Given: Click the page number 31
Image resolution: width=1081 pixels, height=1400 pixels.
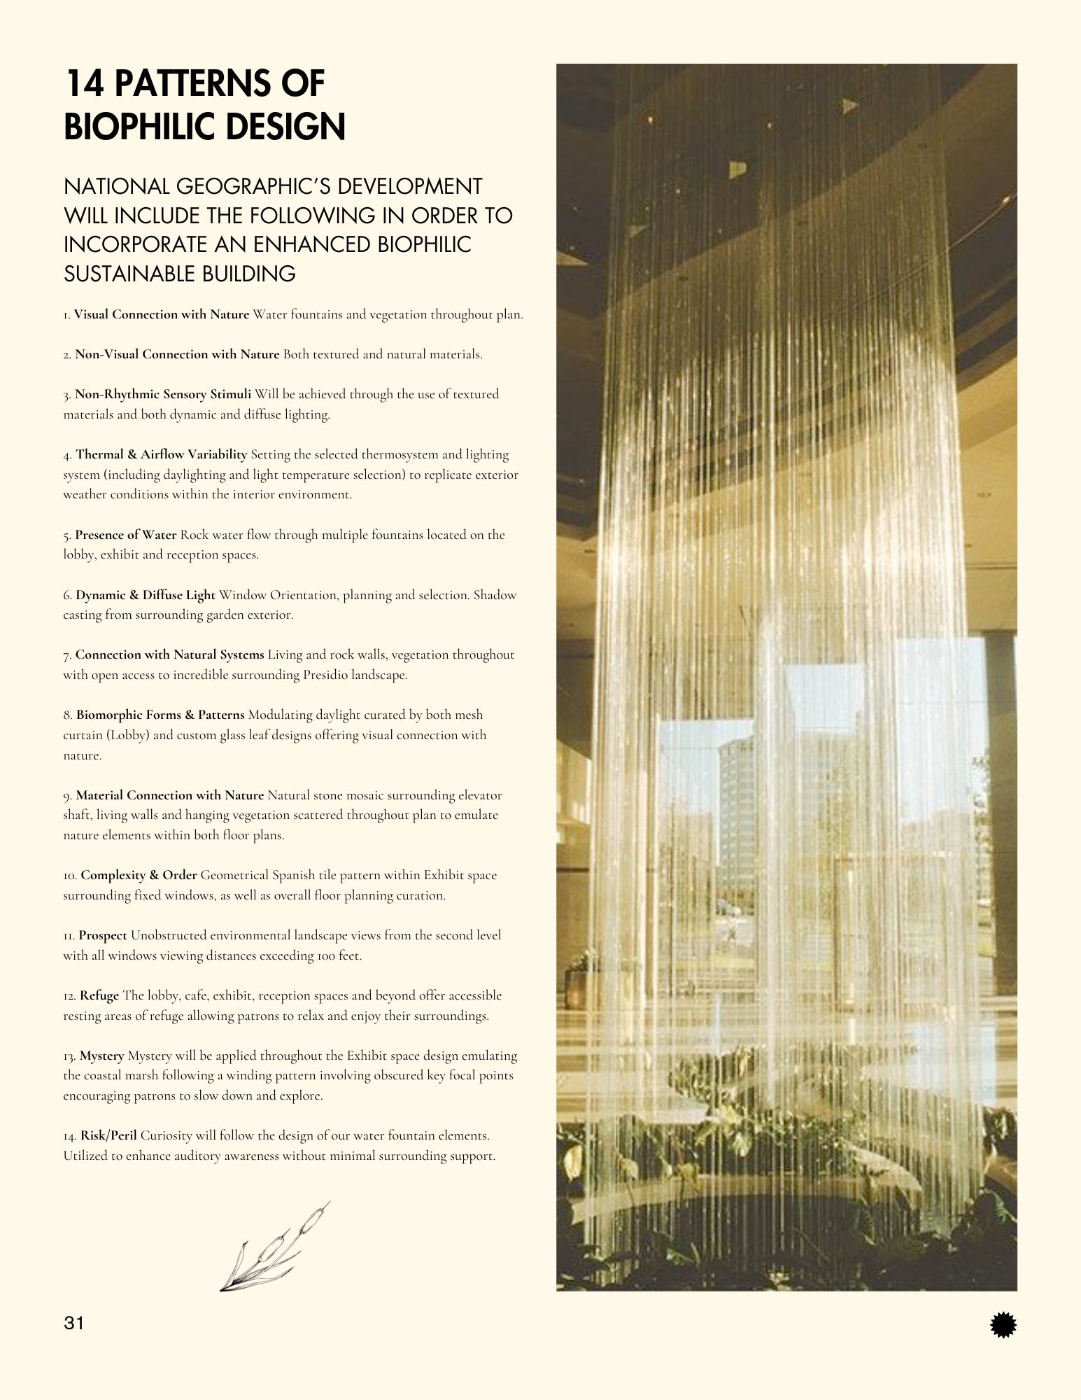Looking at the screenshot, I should (x=73, y=1323).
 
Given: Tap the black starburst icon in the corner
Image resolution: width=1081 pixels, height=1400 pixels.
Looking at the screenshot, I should (x=1004, y=1325).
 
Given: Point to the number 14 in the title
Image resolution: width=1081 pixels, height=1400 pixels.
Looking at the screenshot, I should (x=85, y=83).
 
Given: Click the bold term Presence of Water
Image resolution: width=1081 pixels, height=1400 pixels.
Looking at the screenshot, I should (x=126, y=535).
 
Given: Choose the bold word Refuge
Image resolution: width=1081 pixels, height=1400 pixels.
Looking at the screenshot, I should (x=99, y=995).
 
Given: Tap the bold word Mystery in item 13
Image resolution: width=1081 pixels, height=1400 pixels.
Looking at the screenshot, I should (x=102, y=1056).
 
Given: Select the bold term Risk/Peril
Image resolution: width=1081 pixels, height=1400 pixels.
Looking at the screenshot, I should (x=108, y=1135).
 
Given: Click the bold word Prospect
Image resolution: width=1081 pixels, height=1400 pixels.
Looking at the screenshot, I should (x=103, y=935).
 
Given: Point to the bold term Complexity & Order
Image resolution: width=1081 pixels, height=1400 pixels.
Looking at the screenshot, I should (x=139, y=875).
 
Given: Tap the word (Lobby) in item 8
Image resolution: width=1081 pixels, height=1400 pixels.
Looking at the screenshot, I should (x=129, y=736).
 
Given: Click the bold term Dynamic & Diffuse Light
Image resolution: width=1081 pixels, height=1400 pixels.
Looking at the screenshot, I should (x=146, y=595).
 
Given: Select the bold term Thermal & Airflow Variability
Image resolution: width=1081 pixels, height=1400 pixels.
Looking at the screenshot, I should (x=162, y=454).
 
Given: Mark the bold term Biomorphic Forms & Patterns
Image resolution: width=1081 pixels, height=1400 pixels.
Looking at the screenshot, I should (x=160, y=715).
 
